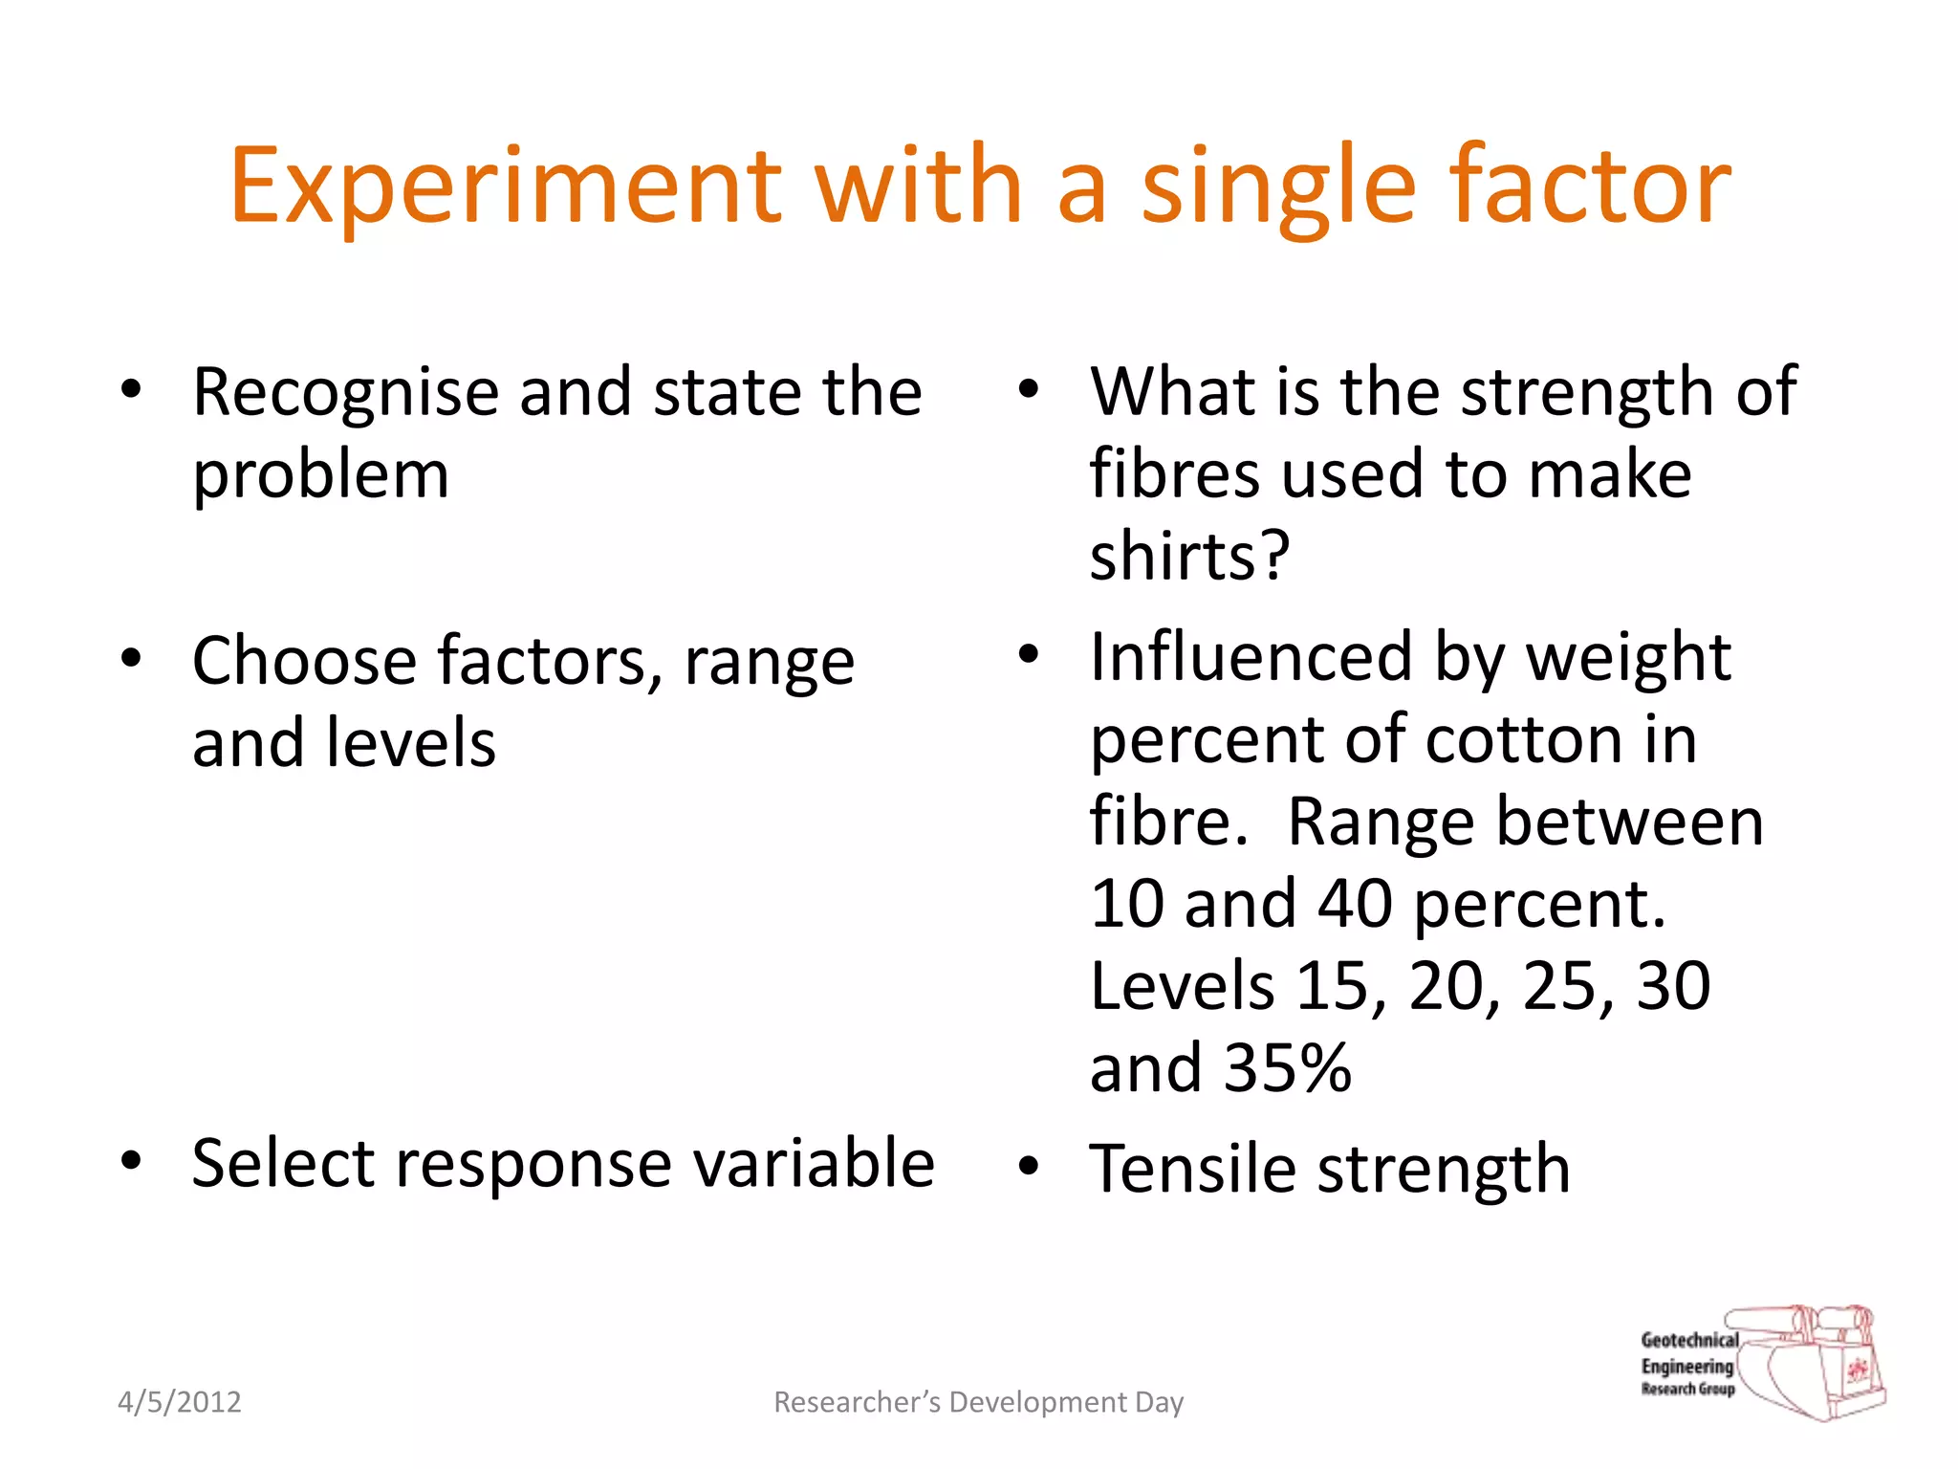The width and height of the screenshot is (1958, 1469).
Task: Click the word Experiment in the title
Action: (x=505, y=186)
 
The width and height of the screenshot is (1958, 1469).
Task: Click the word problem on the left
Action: (x=320, y=476)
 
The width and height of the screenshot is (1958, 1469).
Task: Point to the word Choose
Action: (x=304, y=662)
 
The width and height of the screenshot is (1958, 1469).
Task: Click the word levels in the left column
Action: (x=410, y=744)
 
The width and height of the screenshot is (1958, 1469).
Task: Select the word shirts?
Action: (x=1189, y=557)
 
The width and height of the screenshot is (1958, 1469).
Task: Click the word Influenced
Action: (x=1251, y=658)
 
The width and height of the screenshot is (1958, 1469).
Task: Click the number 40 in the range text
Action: (x=1355, y=905)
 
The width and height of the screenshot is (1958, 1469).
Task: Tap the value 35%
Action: (x=1287, y=1069)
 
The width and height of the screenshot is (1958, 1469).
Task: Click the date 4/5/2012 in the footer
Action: (x=179, y=1402)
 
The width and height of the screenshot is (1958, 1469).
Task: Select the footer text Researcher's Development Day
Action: (x=978, y=1402)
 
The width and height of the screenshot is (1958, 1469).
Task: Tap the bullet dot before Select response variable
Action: (x=131, y=1161)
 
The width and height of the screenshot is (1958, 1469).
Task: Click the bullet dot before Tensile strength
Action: (x=1028, y=1167)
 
